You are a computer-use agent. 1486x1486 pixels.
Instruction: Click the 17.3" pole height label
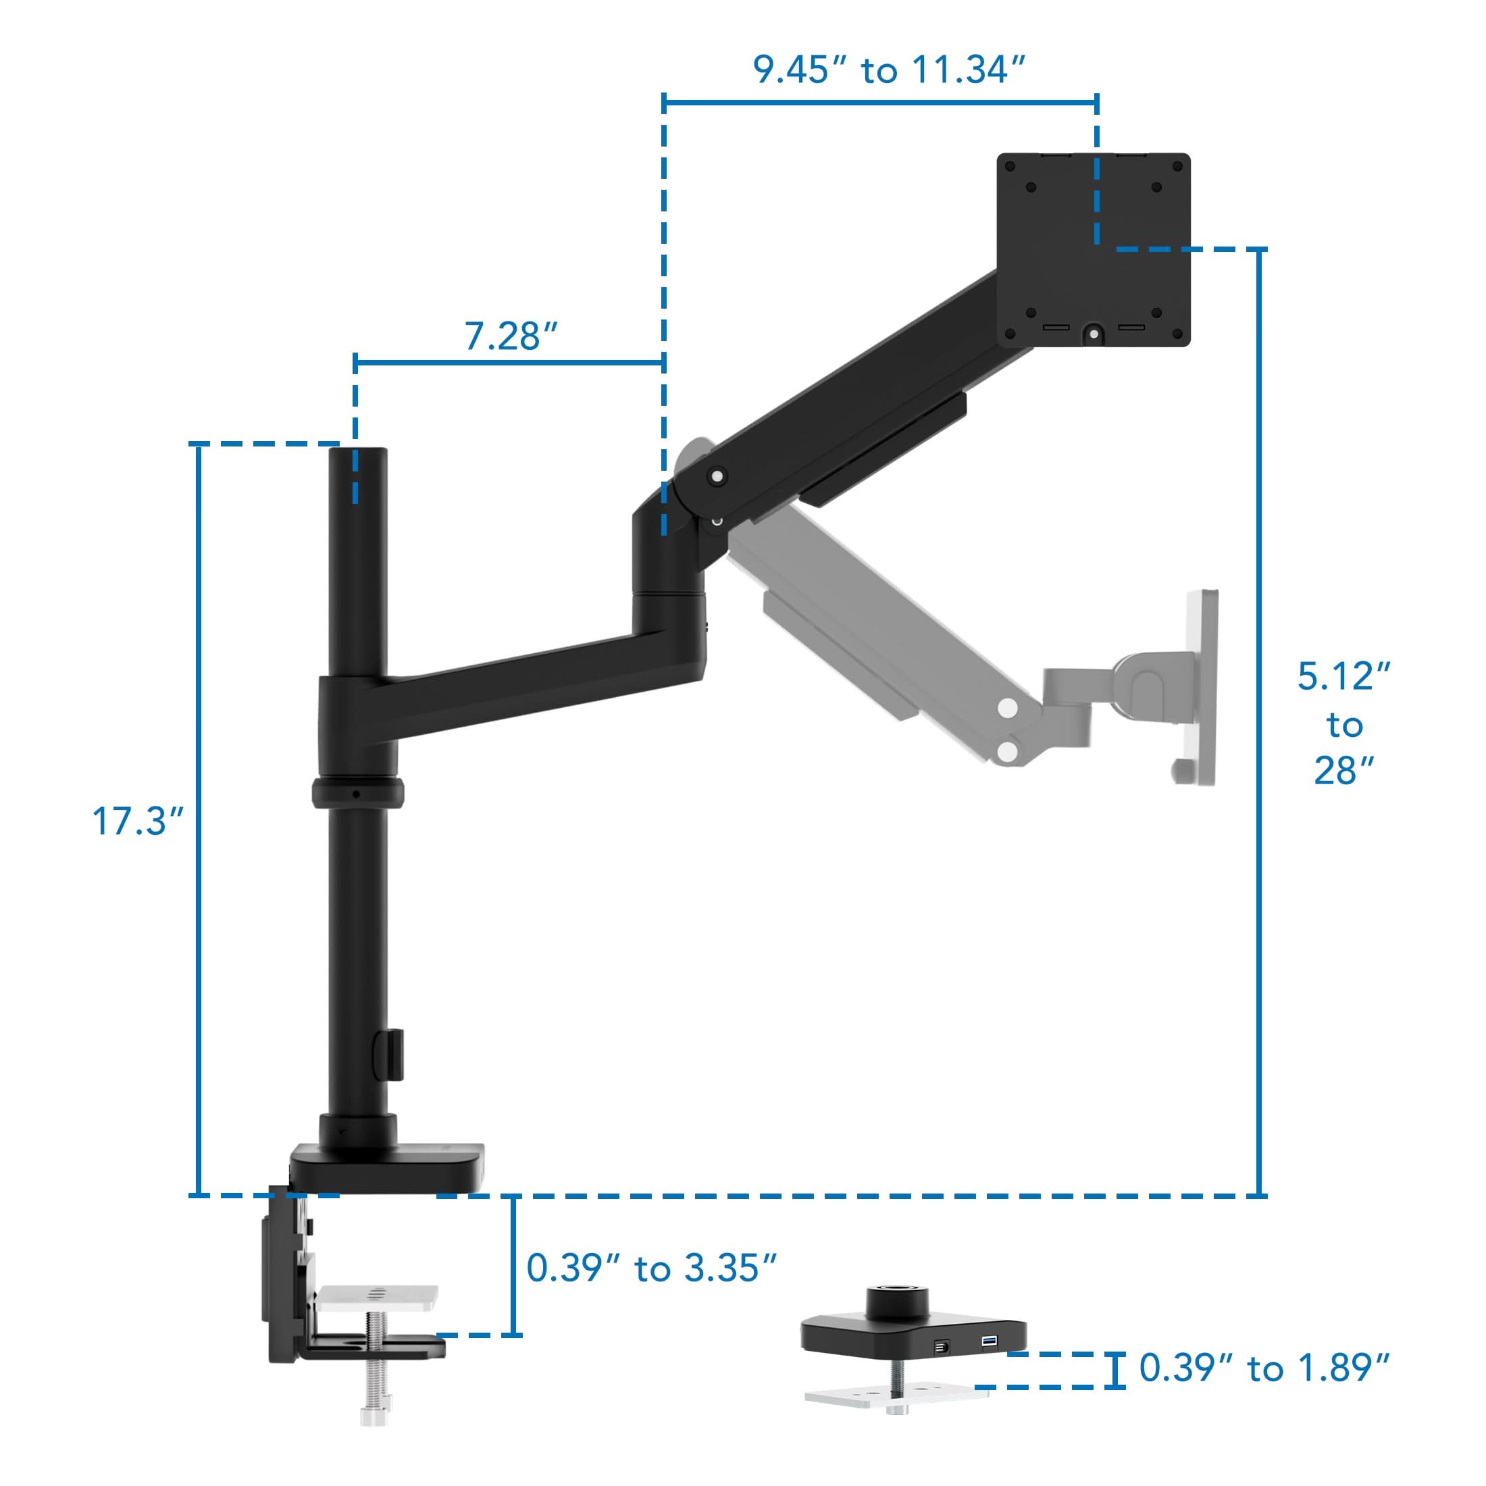[138, 821]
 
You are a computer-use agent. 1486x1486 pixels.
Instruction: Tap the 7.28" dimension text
[510, 336]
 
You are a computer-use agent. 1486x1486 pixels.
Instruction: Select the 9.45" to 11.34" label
[888, 70]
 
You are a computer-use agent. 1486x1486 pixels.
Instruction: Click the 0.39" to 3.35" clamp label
[651, 1269]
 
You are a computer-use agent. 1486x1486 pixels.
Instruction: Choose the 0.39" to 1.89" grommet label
[1264, 1368]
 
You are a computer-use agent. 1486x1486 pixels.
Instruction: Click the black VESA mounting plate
[1093, 249]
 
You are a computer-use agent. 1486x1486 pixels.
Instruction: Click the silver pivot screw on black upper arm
[717, 478]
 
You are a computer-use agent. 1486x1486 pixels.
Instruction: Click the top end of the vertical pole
[358, 453]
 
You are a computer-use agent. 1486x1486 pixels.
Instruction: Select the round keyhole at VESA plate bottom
[1093, 334]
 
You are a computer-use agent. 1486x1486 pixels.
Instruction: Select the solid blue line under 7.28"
[509, 362]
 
